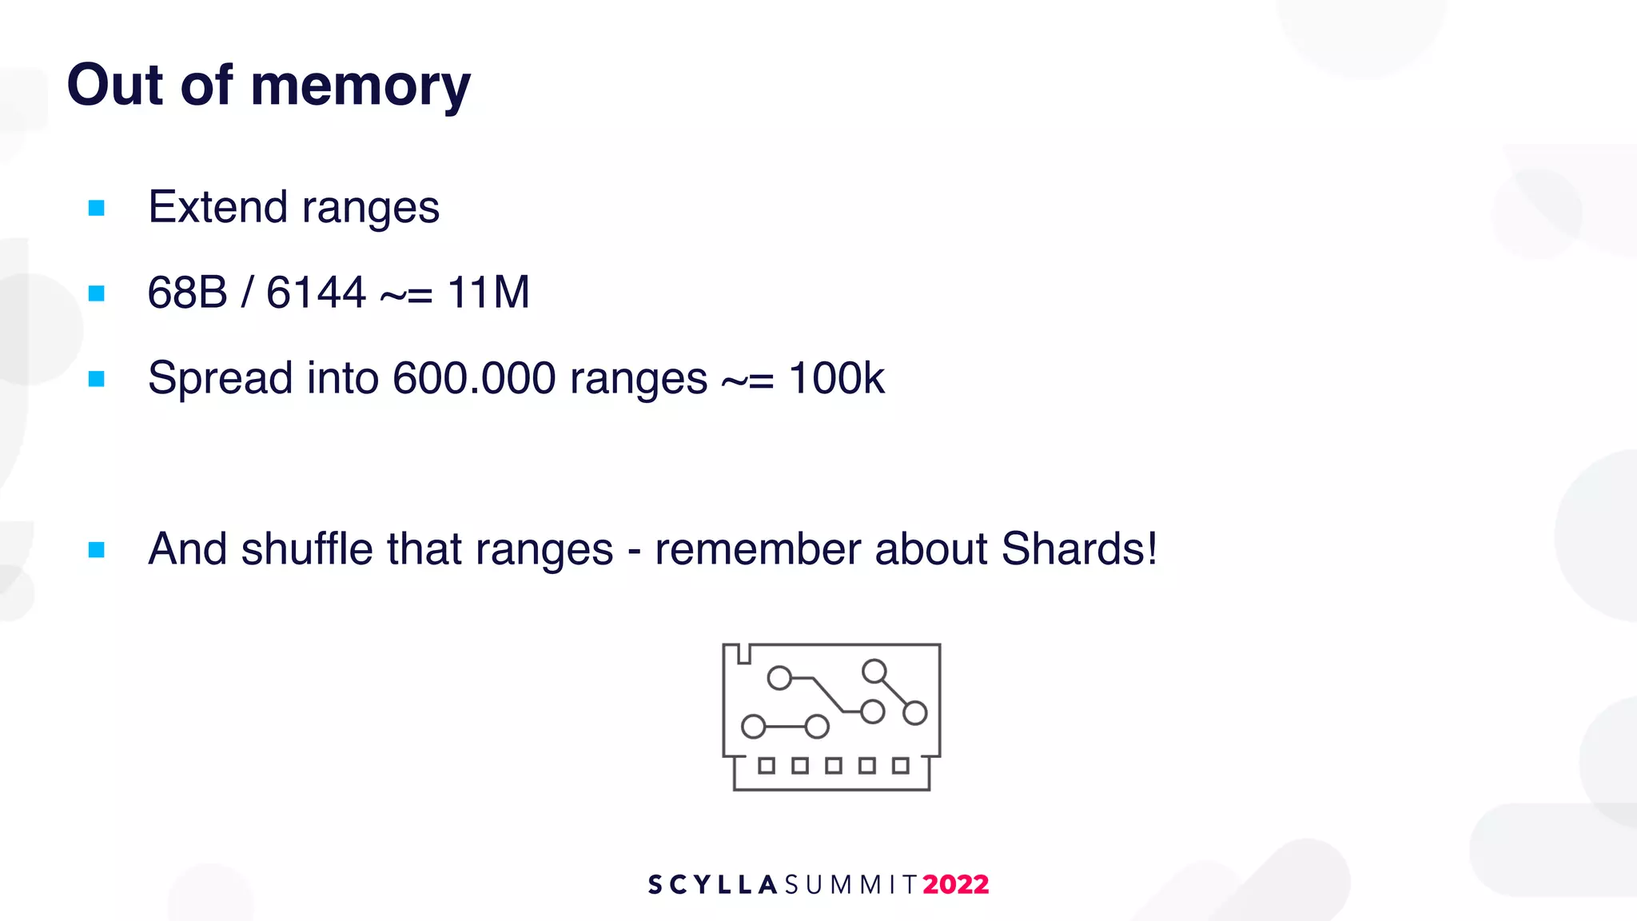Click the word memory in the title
click(x=360, y=86)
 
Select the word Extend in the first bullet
click(x=217, y=207)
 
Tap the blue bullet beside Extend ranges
click(x=97, y=209)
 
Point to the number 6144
click(x=316, y=293)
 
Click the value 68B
click(x=187, y=293)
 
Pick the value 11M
click(x=488, y=293)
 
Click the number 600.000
click(x=474, y=378)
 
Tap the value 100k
click(x=836, y=378)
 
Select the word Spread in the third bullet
click(x=220, y=378)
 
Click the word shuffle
click(x=307, y=549)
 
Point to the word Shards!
click(x=1079, y=549)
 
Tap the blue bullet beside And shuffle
click(x=97, y=550)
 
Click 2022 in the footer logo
click(x=955, y=884)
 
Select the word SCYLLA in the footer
click(x=712, y=884)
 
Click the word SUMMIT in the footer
click(x=850, y=884)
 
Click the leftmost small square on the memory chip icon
click(x=767, y=766)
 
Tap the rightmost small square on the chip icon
click(x=901, y=766)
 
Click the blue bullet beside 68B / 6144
click(x=97, y=294)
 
